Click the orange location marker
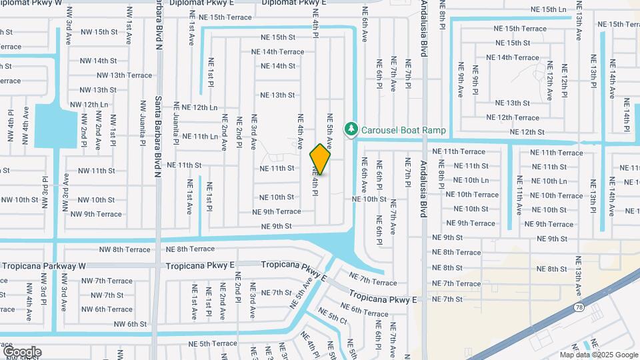click(321, 159)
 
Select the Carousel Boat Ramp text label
click(403, 130)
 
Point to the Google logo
click(22, 351)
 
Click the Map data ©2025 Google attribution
click(598, 355)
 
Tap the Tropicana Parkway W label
click(44, 265)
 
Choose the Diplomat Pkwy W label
click(31, 3)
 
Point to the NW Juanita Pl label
click(143, 123)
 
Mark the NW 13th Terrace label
click(125, 75)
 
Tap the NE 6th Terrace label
click(365, 309)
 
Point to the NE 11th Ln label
click(197, 136)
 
